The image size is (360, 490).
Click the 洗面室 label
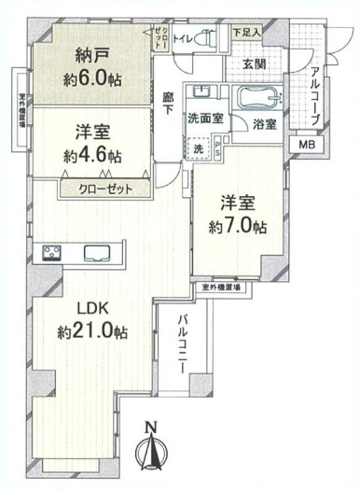(x=204, y=120)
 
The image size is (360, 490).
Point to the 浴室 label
(x=264, y=123)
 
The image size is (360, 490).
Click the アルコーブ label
(x=316, y=91)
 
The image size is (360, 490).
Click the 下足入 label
(x=246, y=32)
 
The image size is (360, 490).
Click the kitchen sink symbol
(x=98, y=252)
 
